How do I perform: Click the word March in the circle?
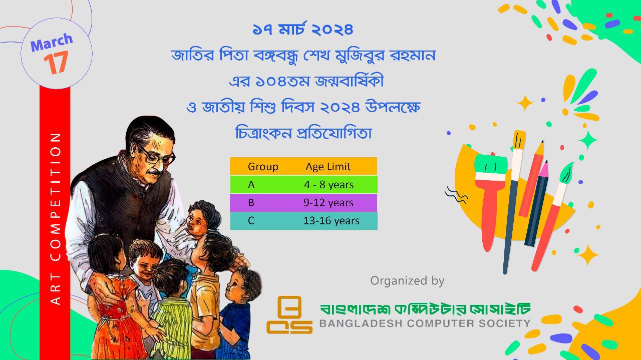click(52, 42)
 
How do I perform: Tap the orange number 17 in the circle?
click(56, 63)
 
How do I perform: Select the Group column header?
click(263, 167)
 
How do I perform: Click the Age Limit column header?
click(328, 167)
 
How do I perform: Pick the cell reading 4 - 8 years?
click(329, 185)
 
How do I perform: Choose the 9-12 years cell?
click(328, 203)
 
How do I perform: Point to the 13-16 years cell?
click(332, 221)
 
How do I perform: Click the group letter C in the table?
click(251, 221)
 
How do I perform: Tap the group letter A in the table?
click(251, 185)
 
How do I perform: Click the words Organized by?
click(407, 281)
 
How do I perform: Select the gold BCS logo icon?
click(289, 315)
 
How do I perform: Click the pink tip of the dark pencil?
click(544, 169)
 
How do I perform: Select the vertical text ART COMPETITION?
click(55, 219)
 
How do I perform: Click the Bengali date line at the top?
click(303, 30)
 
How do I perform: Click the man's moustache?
click(156, 172)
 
